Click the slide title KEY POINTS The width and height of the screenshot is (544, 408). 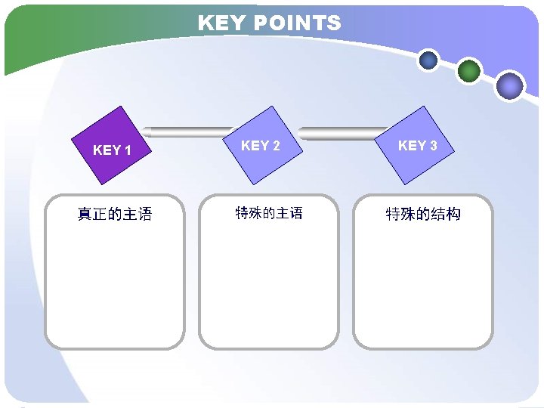click(x=269, y=23)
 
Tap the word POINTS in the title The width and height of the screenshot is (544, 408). click(x=297, y=23)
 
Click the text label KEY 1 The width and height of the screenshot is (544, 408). click(x=112, y=150)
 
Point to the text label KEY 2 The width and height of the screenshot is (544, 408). click(x=260, y=145)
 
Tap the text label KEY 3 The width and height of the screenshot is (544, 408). click(x=417, y=145)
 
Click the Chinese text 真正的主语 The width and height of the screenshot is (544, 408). click(x=115, y=215)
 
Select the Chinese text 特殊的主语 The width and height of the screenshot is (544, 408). click(x=269, y=214)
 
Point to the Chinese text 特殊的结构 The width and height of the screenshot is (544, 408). click(x=423, y=215)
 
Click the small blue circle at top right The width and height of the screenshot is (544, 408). click(x=428, y=60)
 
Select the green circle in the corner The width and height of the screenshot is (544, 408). click(x=469, y=71)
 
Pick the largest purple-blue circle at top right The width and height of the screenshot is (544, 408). click(x=510, y=85)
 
